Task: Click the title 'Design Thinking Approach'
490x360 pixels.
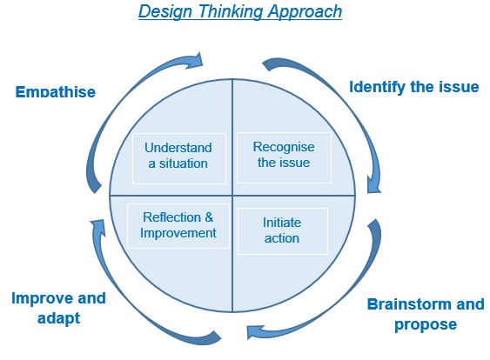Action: (x=240, y=11)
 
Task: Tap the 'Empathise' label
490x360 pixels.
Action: (x=56, y=92)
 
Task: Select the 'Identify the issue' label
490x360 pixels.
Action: (x=413, y=87)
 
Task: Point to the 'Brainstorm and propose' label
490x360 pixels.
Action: (x=426, y=314)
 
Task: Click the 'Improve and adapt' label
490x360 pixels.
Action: (x=59, y=309)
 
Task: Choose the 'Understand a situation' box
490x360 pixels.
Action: (x=179, y=158)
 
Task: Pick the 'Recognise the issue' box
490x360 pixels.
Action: (x=284, y=157)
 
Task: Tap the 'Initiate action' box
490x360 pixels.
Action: (x=283, y=231)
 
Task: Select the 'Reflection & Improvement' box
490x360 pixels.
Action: (x=178, y=226)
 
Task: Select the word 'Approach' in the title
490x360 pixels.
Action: (x=305, y=11)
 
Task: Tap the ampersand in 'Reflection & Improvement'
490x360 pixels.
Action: (x=209, y=217)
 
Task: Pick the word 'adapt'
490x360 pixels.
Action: (x=59, y=318)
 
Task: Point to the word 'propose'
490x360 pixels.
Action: (x=426, y=325)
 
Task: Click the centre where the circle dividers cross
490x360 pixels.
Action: (x=232, y=196)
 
